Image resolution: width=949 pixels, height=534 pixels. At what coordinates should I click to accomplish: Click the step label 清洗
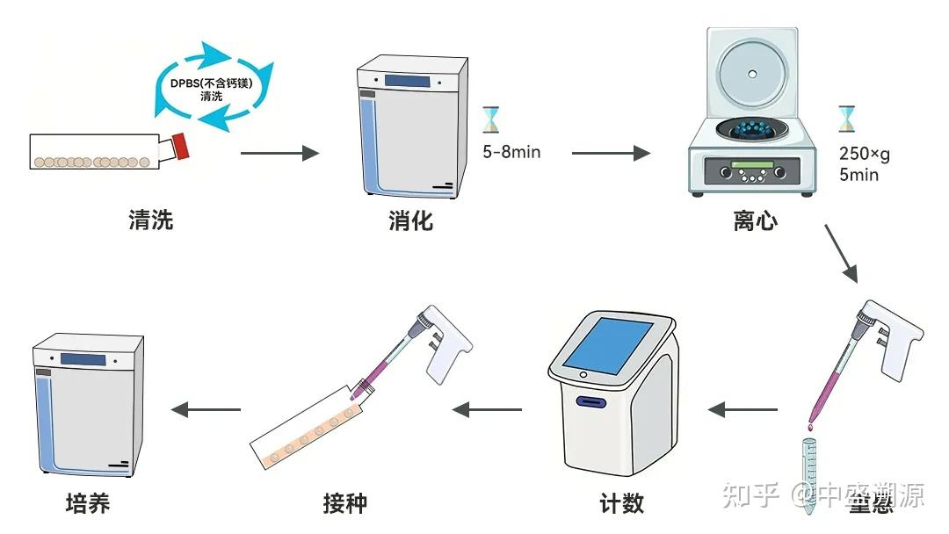(x=151, y=220)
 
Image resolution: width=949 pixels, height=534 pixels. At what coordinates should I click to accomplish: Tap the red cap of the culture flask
(x=181, y=146)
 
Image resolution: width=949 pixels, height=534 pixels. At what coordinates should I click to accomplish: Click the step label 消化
(x=410, y=220)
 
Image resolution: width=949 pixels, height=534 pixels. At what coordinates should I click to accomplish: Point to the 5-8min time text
(x=511, y=152)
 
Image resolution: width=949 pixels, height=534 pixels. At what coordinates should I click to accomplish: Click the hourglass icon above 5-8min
(x=490, y=119)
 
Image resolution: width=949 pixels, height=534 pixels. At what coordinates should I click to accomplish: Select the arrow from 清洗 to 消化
(x=279, y=153)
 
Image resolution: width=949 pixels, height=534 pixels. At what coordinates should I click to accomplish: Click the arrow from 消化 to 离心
(x=611, y=153)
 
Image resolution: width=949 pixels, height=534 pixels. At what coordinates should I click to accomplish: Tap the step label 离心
(x=755, y=220)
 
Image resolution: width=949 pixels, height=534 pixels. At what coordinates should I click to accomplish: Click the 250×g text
(x=864, y=155)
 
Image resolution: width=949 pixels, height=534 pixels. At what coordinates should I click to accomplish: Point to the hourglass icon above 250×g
(x=846, y=118)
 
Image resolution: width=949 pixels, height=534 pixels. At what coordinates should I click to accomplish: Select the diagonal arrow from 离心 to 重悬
(x=841, y=252)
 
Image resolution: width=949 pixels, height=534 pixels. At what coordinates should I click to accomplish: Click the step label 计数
(x=621, y=503)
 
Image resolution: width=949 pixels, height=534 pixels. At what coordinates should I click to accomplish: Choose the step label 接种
(x=344, y=503)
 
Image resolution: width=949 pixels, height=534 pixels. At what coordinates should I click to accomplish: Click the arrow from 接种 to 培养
(x=206, y=409)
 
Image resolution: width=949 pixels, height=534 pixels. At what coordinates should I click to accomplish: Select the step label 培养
(x=88, y=503)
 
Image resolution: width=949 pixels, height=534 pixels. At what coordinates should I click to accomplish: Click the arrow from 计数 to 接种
(x=487, y=409)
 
